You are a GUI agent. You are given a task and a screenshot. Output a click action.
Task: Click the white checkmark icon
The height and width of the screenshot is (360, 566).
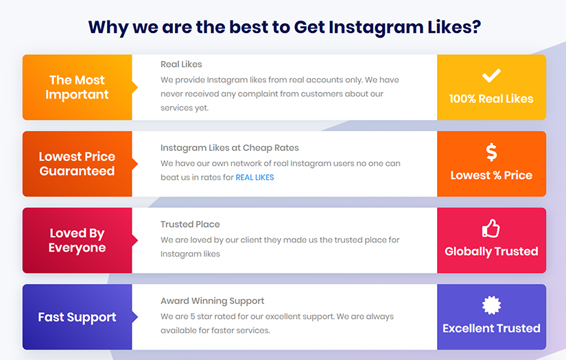[491, 75]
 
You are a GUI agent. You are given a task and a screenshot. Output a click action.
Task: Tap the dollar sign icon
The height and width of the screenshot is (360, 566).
[491, 152]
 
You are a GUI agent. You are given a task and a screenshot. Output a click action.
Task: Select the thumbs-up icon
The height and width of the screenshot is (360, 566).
[491, 228]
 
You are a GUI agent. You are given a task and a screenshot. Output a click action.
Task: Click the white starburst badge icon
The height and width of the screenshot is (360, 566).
[491, 305]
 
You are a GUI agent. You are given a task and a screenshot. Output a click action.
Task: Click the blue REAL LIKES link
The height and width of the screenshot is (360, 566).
[255, 178]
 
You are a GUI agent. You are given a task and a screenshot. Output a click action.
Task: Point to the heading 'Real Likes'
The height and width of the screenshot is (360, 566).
[181, 64]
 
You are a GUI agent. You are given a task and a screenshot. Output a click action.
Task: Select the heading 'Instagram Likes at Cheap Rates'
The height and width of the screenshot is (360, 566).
[230, 148]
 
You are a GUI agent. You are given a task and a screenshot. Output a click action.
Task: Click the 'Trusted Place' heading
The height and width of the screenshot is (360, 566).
[190, 224]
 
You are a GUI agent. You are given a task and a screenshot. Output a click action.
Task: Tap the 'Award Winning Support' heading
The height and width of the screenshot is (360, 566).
[212, 301]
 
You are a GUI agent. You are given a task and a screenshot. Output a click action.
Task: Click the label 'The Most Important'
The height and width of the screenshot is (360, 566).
[77, 87]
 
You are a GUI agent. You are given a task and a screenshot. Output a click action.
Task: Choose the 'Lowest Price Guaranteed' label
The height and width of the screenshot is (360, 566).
[77, 164]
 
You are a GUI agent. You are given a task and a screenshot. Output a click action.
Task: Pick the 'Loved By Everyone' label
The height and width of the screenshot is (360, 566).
[77, 240]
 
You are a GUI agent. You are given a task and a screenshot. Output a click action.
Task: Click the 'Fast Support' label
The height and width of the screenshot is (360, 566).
[77, 317]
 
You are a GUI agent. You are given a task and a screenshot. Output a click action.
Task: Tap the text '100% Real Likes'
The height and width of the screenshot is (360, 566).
[491, 99]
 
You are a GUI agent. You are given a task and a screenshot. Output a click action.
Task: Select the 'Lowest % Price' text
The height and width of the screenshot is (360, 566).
[491, 176]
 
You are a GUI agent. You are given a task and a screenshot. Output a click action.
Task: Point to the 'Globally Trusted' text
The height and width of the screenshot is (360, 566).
[491, 252]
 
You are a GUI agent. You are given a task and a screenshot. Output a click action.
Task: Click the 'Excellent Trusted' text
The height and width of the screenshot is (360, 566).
[491, 328]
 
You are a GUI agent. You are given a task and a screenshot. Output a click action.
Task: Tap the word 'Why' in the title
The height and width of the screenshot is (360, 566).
[108, 27]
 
